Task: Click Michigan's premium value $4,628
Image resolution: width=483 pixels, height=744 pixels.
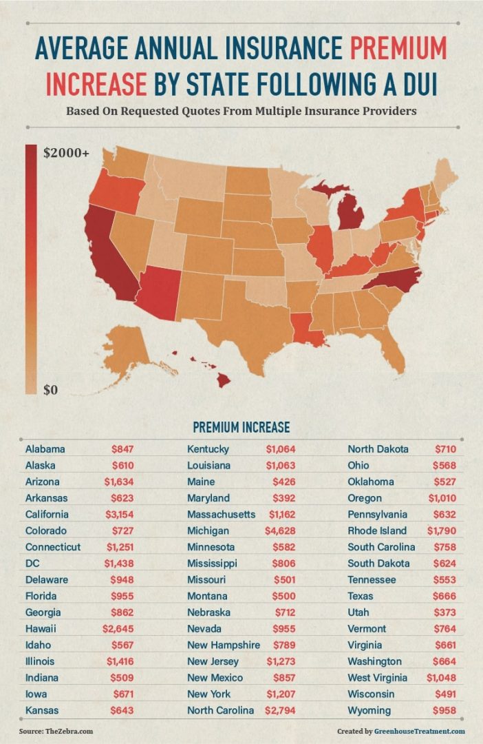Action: coord(280,531)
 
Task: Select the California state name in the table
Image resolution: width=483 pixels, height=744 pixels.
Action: coord(47,515)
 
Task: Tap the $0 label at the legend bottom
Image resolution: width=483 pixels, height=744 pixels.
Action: coord(51,390)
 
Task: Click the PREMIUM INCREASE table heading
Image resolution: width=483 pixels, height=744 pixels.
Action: coord(241,427)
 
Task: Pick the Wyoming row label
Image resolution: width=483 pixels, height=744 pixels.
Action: coord(369,710)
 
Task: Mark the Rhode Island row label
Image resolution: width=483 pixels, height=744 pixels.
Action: coord(377,531)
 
